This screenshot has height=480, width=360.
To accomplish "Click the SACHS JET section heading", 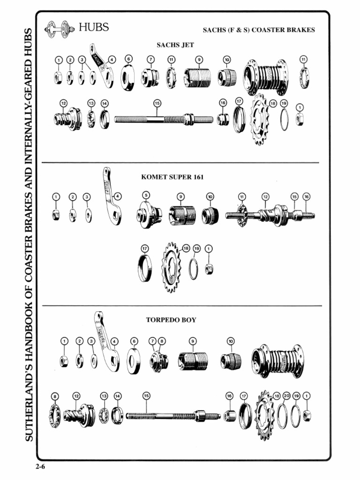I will (x=175, y=45).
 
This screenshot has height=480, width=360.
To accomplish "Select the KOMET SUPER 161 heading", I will (x=172, y=177).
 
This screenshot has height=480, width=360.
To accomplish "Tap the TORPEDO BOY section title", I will (x=171, y=320).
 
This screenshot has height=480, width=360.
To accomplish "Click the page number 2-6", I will (x=39, y=466).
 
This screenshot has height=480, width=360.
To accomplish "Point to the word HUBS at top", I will (x=94, y=27).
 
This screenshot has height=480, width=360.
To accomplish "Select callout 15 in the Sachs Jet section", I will (x=157, y=103).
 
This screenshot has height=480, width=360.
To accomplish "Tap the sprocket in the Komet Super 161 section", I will (x=171, y=268).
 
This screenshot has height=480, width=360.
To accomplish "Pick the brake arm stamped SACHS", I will (x=101, y=66).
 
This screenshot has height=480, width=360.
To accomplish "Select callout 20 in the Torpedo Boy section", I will (x=286, y=396).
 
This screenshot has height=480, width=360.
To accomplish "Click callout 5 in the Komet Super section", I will (x=146, y=195).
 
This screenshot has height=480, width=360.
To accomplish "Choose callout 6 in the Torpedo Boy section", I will (x=134, y=341).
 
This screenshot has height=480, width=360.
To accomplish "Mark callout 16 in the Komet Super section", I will (x=307, y=196).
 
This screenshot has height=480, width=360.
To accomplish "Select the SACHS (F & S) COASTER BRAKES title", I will (x=259, y=30).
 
